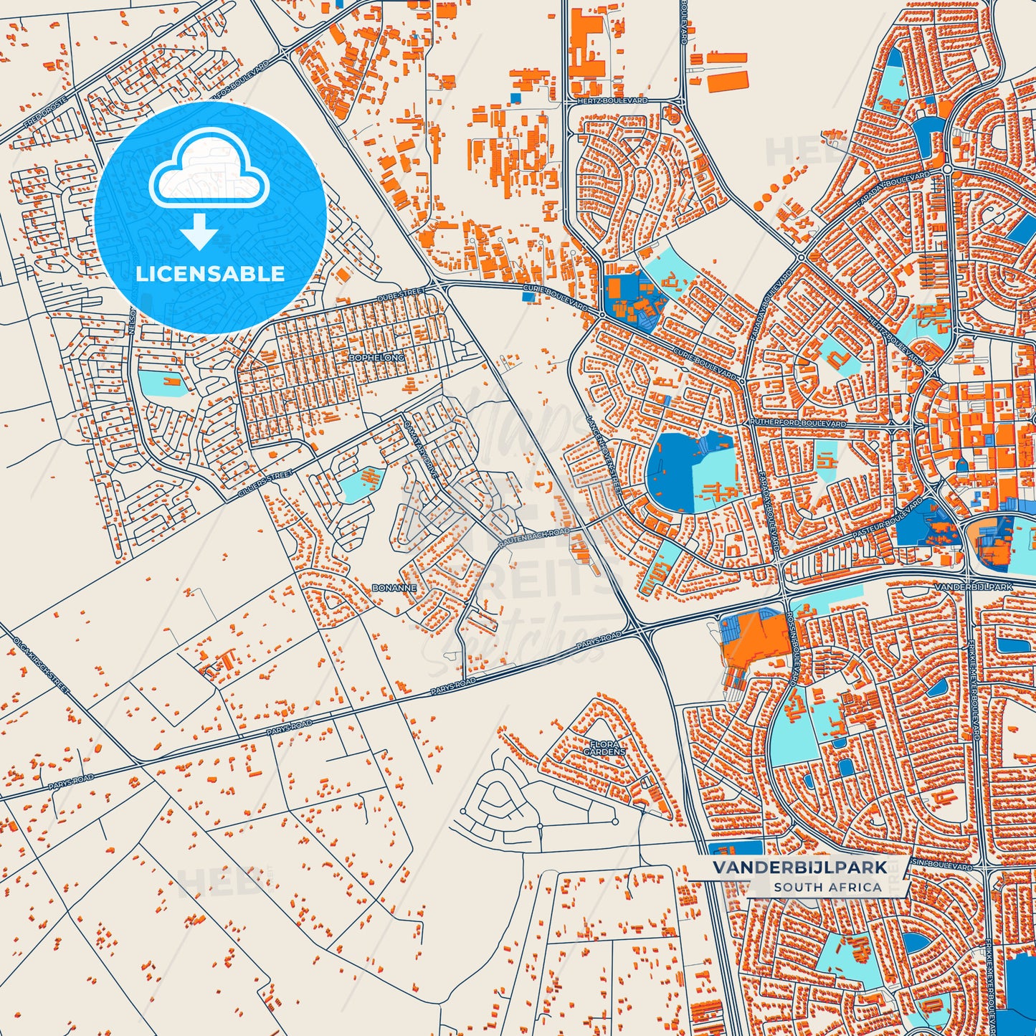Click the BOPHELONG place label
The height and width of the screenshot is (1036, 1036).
coord(376,357)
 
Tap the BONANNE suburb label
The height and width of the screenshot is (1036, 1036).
coord(394,588)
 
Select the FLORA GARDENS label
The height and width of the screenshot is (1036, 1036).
coord(604,749)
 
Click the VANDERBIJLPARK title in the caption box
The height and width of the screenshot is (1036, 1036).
coord(799,868)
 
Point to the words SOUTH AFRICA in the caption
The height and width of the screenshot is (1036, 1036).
coord(827,887)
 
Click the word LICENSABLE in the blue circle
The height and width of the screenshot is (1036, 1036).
coord(210,274)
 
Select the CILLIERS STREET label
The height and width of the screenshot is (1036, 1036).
coord(266,485)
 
